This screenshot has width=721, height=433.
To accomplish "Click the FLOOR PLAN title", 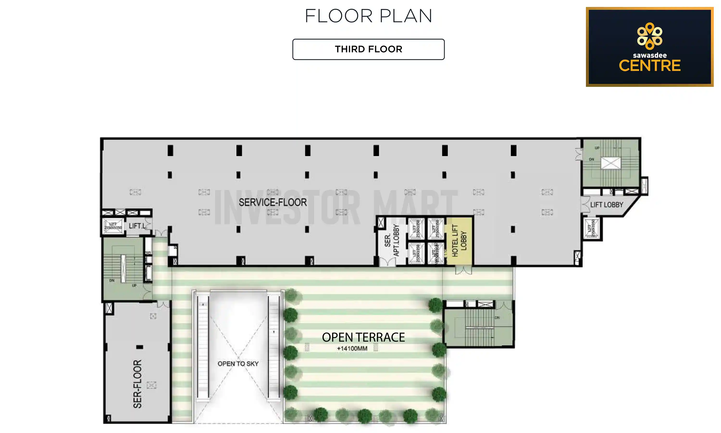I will pyautogui.click(x=368, y=16).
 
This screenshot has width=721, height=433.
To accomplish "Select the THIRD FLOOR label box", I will pyautogui.click(x=368, y=49).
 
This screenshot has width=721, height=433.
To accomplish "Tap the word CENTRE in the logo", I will pyautogui.click(x=650, y=66).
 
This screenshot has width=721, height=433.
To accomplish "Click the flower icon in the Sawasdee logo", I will pyautogui.click(x=650, y=36).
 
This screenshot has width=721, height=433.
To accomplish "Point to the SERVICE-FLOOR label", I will pyautogui.click(x=273, y=202).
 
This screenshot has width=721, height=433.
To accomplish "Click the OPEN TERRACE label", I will pyautogui.click(x=363, y=337).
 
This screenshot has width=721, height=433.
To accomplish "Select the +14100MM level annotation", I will pyautogui.click(x=352, y=348).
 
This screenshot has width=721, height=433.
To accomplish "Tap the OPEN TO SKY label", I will pyautogui.click(x=238, y=363).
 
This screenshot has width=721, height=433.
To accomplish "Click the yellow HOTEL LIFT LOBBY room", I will pyautogui.click(x=459, y=241).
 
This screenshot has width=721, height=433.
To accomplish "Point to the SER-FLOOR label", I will pyautogui.click(x=137, y=384).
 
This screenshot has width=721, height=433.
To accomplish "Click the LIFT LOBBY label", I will pyautogui.click(x=606, y=205).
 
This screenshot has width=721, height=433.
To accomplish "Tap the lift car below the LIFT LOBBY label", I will pyautogui.click(x=592, y=228).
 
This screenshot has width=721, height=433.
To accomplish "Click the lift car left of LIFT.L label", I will pyautogui.click(x=113, y=226).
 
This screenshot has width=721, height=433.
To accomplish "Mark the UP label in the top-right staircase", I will pyautogui.click(x=597, y=148).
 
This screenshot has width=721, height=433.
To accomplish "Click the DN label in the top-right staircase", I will pyautogui.click(x=591, y=159).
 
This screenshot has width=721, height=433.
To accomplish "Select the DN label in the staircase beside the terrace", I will pyautogui.click(x=497, y=318).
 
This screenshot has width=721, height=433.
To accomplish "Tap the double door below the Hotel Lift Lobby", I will pyautogui.click(x=463, y=270).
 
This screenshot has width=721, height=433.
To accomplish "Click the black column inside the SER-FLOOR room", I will pyautogui.click(x=140, y=347).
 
